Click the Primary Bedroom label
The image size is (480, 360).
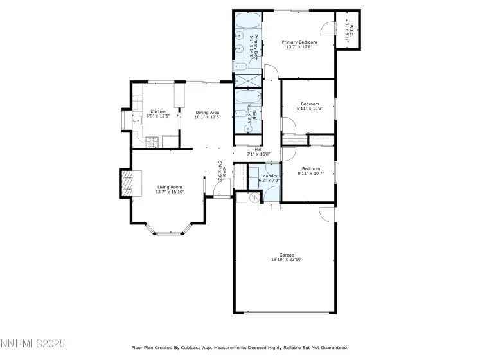300,42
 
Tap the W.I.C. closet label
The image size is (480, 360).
348,29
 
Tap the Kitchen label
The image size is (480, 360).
158,111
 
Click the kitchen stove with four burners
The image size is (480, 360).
153,143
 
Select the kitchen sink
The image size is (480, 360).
136,120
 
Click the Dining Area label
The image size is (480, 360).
208,112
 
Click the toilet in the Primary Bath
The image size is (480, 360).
239,66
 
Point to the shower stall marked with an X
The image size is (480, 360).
244,81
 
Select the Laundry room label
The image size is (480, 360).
269,175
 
